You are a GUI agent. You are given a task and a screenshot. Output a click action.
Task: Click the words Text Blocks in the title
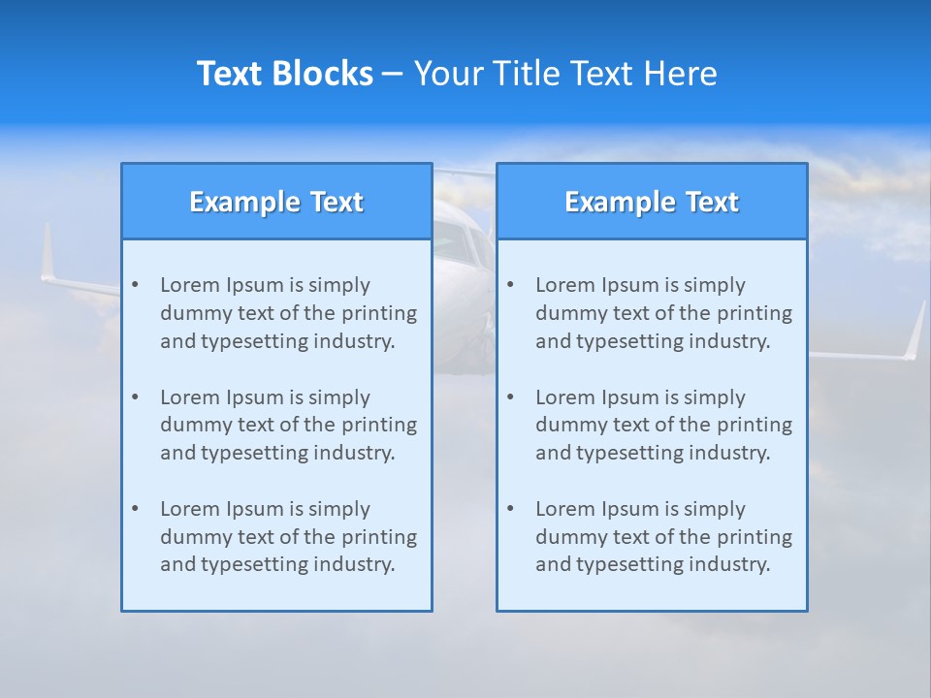(284, 74)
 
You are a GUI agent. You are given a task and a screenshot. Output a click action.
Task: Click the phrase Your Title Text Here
(565, 74)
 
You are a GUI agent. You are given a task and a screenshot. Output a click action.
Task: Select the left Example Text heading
(276, 202)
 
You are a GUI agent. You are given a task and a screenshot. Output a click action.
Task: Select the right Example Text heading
(652, 202)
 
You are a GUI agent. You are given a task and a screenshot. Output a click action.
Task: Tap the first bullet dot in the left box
(135, 285)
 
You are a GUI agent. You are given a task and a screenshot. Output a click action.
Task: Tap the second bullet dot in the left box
(135, 397)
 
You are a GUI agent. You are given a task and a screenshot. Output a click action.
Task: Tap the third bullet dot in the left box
(135, 509)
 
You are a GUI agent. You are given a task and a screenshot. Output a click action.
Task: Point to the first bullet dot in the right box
(510, 285)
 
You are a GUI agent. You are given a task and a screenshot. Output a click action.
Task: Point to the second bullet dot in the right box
(510, 397)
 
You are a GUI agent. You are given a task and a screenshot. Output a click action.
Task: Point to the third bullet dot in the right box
(510, 509)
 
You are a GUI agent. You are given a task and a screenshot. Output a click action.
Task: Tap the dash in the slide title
(393, 75)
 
